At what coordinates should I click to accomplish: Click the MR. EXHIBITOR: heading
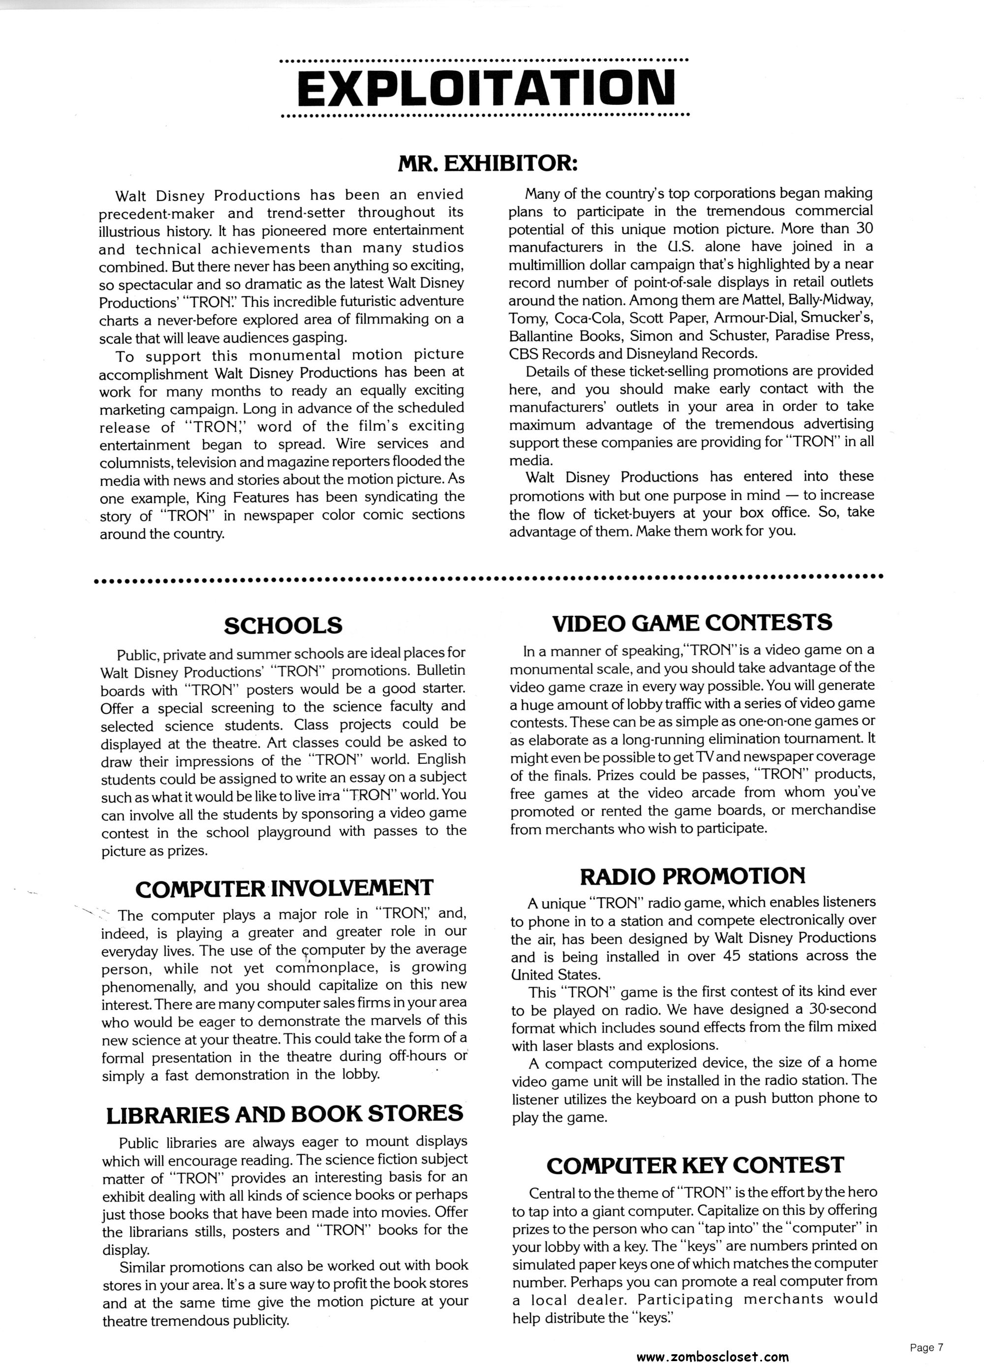coord(488,163)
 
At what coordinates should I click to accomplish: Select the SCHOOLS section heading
coord(282,625)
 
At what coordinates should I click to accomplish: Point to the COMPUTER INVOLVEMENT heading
coord(284,888)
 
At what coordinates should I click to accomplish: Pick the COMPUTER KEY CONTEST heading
coord(694,1165)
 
